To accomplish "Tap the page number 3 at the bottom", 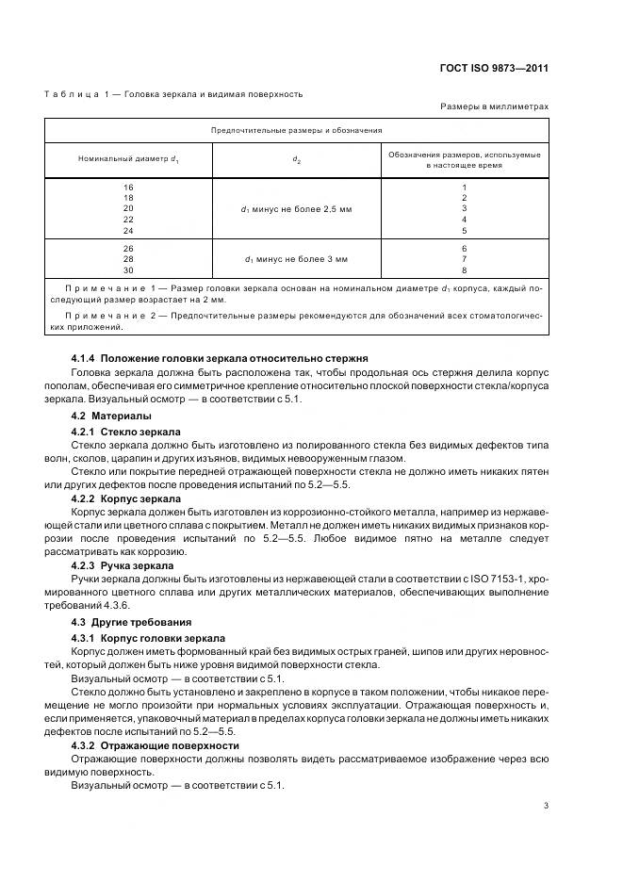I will (547, 805).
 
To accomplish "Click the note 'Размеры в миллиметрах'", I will (494, 106).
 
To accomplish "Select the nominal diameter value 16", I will (128, 188).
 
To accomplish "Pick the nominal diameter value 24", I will (128, 230).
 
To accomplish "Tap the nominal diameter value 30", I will (128, 269).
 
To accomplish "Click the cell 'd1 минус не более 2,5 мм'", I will (297, 209).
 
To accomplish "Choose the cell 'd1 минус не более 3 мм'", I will (297, 258).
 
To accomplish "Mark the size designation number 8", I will (464, 269).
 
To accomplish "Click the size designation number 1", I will (464, 188).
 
